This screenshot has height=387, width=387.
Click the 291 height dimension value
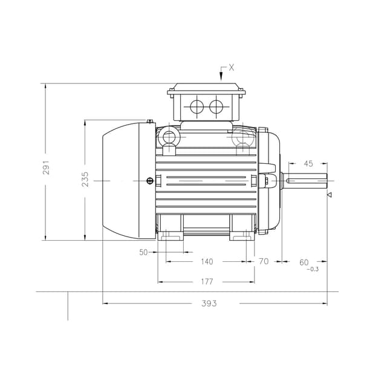click(46, 167)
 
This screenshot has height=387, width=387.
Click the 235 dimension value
click(85, 179)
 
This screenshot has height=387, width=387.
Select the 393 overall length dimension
click(208, 304)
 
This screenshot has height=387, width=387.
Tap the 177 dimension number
click(207, 282)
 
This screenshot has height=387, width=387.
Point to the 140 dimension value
click(207, 262)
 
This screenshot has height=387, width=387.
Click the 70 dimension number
click(264, 262)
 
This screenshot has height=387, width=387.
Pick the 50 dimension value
click(143, 253)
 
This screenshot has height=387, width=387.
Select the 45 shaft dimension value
click(308, 164)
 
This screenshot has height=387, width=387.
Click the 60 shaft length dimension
click(304, 262)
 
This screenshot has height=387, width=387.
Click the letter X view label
click(231, 68)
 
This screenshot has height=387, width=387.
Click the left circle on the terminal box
click(197, 107)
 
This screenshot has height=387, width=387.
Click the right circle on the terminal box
click(216, 107)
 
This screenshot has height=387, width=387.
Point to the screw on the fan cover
click(150, 180)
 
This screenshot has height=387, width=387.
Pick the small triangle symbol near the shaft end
click(330, 195)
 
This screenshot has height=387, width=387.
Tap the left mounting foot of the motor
click(171, 233)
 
